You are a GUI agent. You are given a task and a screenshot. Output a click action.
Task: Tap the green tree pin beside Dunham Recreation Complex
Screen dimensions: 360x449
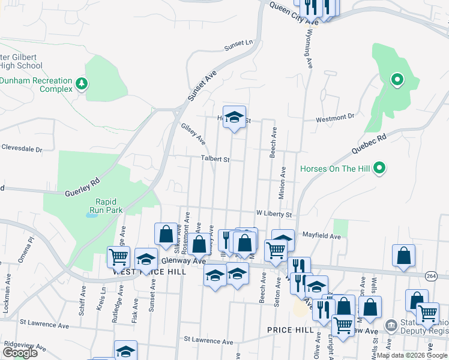click(x=82, y=82)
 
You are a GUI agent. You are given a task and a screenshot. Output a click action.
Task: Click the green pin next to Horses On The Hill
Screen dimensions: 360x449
click(x=379, y=169)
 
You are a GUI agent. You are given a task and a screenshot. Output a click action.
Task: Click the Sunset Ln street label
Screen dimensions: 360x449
click(x=238, y=44)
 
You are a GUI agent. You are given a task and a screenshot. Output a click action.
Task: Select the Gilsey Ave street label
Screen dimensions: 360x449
click(x=193, y=134)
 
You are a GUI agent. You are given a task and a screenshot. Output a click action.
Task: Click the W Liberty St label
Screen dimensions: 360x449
click(x=274, y=214)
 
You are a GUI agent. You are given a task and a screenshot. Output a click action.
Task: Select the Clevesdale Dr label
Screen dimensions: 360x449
click(x=22, y=148)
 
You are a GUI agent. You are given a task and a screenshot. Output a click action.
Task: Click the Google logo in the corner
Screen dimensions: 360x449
click(x=20, y=353)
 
